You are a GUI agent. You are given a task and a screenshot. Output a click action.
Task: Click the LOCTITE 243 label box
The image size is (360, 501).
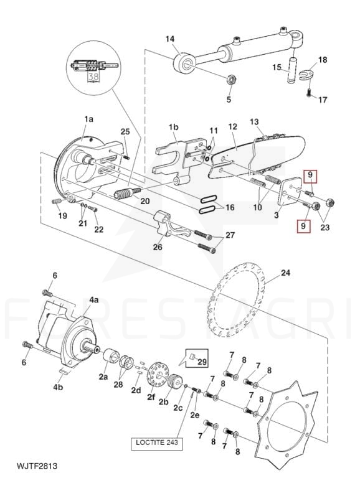click(157, 443)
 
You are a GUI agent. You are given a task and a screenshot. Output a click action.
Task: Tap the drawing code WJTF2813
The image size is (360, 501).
click(37, 466)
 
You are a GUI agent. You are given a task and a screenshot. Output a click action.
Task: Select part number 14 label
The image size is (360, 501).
click(170, 39)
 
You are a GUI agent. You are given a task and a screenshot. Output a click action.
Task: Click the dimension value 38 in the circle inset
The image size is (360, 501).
click(93, 77)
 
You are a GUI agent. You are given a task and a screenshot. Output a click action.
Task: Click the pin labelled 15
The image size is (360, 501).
click(291, 70)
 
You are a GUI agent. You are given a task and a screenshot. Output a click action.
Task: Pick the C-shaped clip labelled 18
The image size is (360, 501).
click(306, 75)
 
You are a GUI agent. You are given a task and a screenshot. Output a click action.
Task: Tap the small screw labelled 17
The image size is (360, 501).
click(308, 93)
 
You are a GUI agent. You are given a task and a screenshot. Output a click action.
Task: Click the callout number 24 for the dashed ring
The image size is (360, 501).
click(285, 273)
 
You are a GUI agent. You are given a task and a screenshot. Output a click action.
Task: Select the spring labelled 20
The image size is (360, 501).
click(127, 194)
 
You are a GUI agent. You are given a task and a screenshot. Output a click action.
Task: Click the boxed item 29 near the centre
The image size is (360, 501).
click(197, 358)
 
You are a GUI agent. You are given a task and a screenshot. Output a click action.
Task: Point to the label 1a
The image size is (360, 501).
click(88, 119)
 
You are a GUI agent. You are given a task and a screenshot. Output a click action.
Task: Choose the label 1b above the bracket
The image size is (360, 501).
click(174, 127)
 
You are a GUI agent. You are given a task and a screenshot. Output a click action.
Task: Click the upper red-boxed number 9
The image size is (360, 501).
click(310, 175)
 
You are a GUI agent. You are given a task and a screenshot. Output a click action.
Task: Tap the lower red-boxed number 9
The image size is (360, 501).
click(303, 225)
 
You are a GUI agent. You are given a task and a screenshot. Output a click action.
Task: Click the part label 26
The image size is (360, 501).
click(158, 246)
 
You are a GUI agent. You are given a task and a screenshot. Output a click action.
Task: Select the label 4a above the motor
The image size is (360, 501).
click(93, 301)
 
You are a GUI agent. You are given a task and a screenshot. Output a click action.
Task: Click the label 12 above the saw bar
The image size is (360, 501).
click(233, 127)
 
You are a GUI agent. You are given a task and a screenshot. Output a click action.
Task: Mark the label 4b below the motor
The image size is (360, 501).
click(58, 388)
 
